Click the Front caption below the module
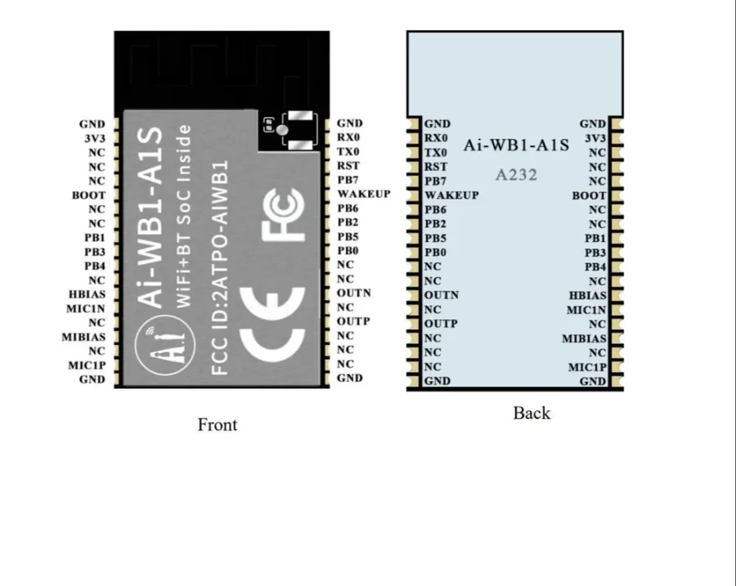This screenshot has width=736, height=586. pyautogui.click(x=218, y=425)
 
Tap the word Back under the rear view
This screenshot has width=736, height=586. pyautogui.click(x=532, y=414)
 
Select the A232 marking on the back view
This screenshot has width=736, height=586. pyautogui.click(x=516, y=174)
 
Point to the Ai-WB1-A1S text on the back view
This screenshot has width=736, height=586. pyautogui.click(x=516, y=145)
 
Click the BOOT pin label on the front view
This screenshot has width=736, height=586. pyautogui.click(x=88, y=195)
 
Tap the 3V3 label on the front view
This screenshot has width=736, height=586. pyautogui.click(x=95, y=139)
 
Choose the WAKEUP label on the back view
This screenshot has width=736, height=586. pyautogui.click(x=451, y=196)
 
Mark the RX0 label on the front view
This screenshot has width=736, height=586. pyautogui.click(x=348, y=138)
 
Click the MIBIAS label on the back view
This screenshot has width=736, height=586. pyautogui.click(x=584, y=338)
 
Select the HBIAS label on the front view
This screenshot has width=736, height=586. pyautogui.click(x=87, y=294)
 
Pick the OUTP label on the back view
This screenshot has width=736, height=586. pyautogui.click(x=441, y=324)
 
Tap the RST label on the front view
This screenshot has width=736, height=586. pyautogui.click(x=348, y=166)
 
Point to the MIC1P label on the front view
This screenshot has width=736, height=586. pyautogui.click(x=87, y=365)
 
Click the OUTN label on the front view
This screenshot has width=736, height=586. pyautogui.click(x=353, y=293)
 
